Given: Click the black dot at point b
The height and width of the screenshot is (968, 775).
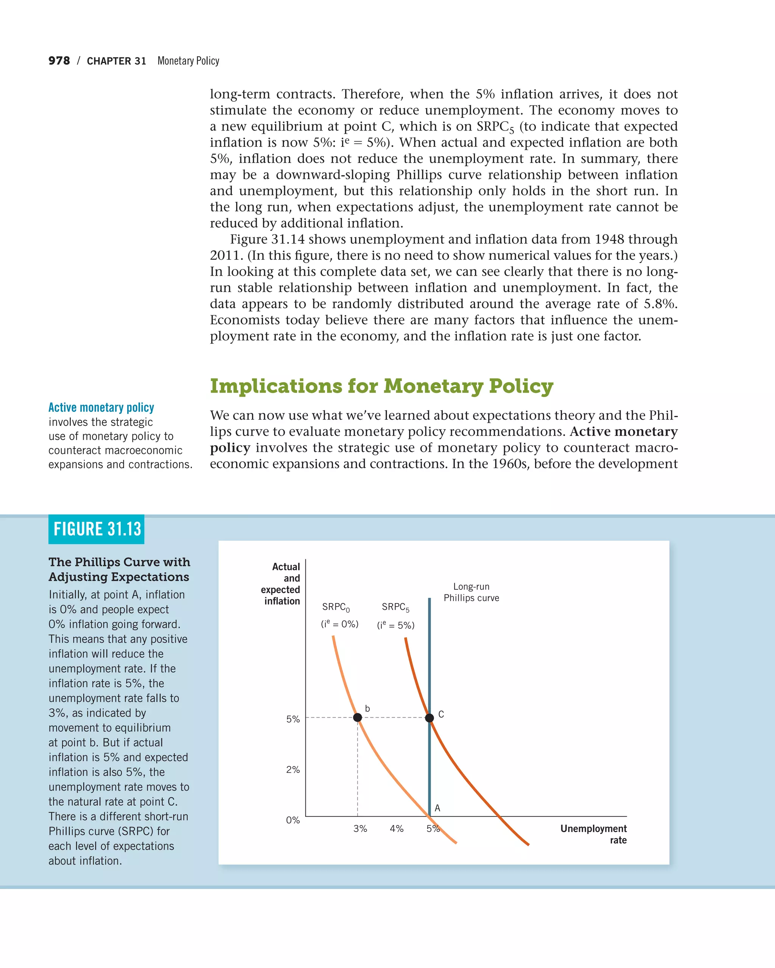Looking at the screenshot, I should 357,717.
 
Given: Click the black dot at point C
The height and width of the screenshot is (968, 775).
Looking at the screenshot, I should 430,717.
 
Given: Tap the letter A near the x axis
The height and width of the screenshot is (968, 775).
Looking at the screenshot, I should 437,808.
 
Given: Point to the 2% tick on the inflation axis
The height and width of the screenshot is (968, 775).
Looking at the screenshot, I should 293,769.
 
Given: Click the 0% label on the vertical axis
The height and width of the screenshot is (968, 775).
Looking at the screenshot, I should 293,820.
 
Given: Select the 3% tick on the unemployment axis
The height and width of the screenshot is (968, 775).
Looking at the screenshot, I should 360,828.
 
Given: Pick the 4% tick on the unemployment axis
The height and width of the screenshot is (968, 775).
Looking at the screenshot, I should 396,828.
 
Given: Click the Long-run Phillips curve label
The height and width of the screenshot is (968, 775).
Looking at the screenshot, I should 471,592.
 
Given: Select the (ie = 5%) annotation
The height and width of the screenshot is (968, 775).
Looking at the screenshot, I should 395,625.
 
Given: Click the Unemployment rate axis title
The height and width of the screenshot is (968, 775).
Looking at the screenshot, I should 593,834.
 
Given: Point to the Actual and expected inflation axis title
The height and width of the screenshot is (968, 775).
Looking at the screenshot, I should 281,584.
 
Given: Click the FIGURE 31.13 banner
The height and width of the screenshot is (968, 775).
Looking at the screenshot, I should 96,529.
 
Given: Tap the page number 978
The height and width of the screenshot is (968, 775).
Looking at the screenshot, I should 59,60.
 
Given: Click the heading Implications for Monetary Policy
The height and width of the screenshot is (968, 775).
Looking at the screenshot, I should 381,386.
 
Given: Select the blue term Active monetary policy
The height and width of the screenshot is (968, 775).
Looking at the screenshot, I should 101,407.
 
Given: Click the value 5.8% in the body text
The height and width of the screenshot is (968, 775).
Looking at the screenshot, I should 660,304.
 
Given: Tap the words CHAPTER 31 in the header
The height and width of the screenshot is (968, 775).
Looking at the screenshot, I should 116,61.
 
